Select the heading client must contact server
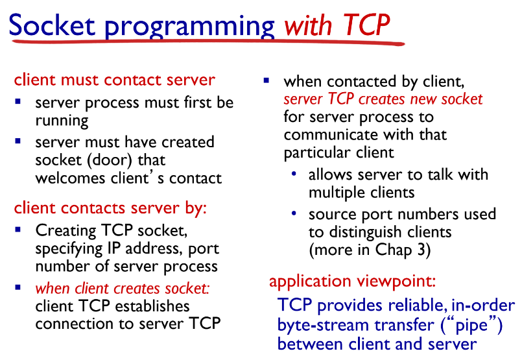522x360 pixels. click(x=114, y=80)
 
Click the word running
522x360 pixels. click(x=62, y=120)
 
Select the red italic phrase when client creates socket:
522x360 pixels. click(x=123, y=288)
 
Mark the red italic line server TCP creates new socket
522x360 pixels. click(x=383, y=100)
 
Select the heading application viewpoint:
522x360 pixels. click(x=352, y=282)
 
